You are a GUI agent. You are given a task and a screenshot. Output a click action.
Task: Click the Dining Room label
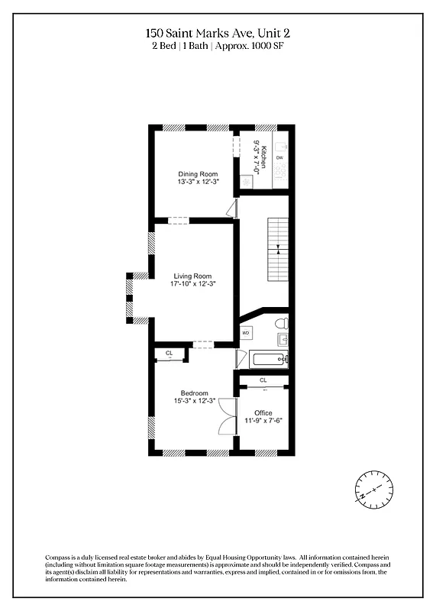pyautogui.click(x=198, y=174)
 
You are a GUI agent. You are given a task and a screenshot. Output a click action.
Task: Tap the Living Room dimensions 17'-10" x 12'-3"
pyautogui.click(x=192, y=284)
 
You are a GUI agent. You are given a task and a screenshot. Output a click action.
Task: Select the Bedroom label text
pyautogui.click(x=194, y=393)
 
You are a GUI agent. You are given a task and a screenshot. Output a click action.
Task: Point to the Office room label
pyautogui.click(x=263, y=412)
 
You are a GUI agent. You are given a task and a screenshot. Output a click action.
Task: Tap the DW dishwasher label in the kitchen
pyautogui.click(x=279, y=157)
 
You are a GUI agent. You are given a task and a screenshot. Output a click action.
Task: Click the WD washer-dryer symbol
pyautogui.click(x=246, y=333)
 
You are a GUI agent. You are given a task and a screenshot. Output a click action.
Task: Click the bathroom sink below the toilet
pyautogui.click(x=282, y=338)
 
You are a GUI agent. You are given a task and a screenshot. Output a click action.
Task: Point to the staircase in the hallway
pyautogui.click(x=278, y=249)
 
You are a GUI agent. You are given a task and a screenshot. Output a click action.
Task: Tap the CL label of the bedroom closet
pyautogui.click(x=170, y=353)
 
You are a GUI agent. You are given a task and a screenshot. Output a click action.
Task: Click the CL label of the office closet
pyautogui.click(x=263, y=380)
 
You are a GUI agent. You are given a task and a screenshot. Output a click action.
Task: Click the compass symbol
pyautogui.click(x=374, y=487)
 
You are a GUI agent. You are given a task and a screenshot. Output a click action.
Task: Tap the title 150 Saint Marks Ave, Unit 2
pyautogui.click(x=218, y=33)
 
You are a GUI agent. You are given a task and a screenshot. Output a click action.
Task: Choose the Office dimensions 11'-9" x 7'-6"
pyautogui.click(x=263, y=421)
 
